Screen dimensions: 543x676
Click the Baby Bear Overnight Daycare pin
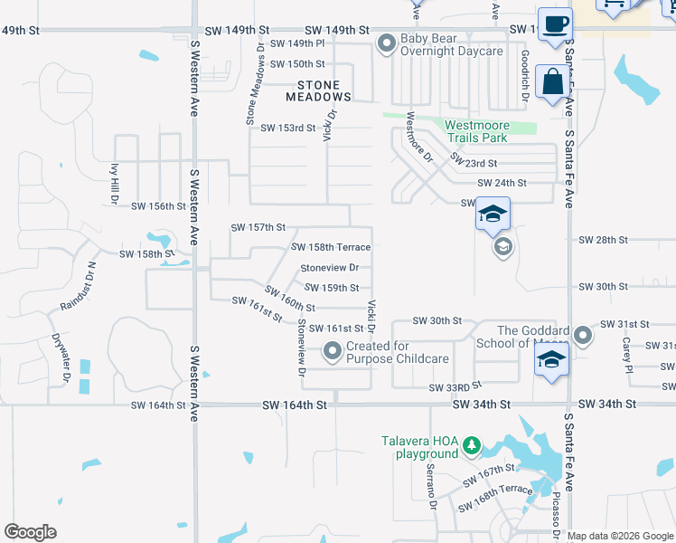coord(387,43)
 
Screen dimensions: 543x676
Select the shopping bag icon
coord(552,82)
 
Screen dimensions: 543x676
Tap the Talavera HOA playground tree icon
coord(470,445)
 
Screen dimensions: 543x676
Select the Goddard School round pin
coord(584,336)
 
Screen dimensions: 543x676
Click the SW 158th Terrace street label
coord(331,247)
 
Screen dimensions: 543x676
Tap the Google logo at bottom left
coord(31,532)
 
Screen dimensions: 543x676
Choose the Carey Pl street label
coord(625,355)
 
